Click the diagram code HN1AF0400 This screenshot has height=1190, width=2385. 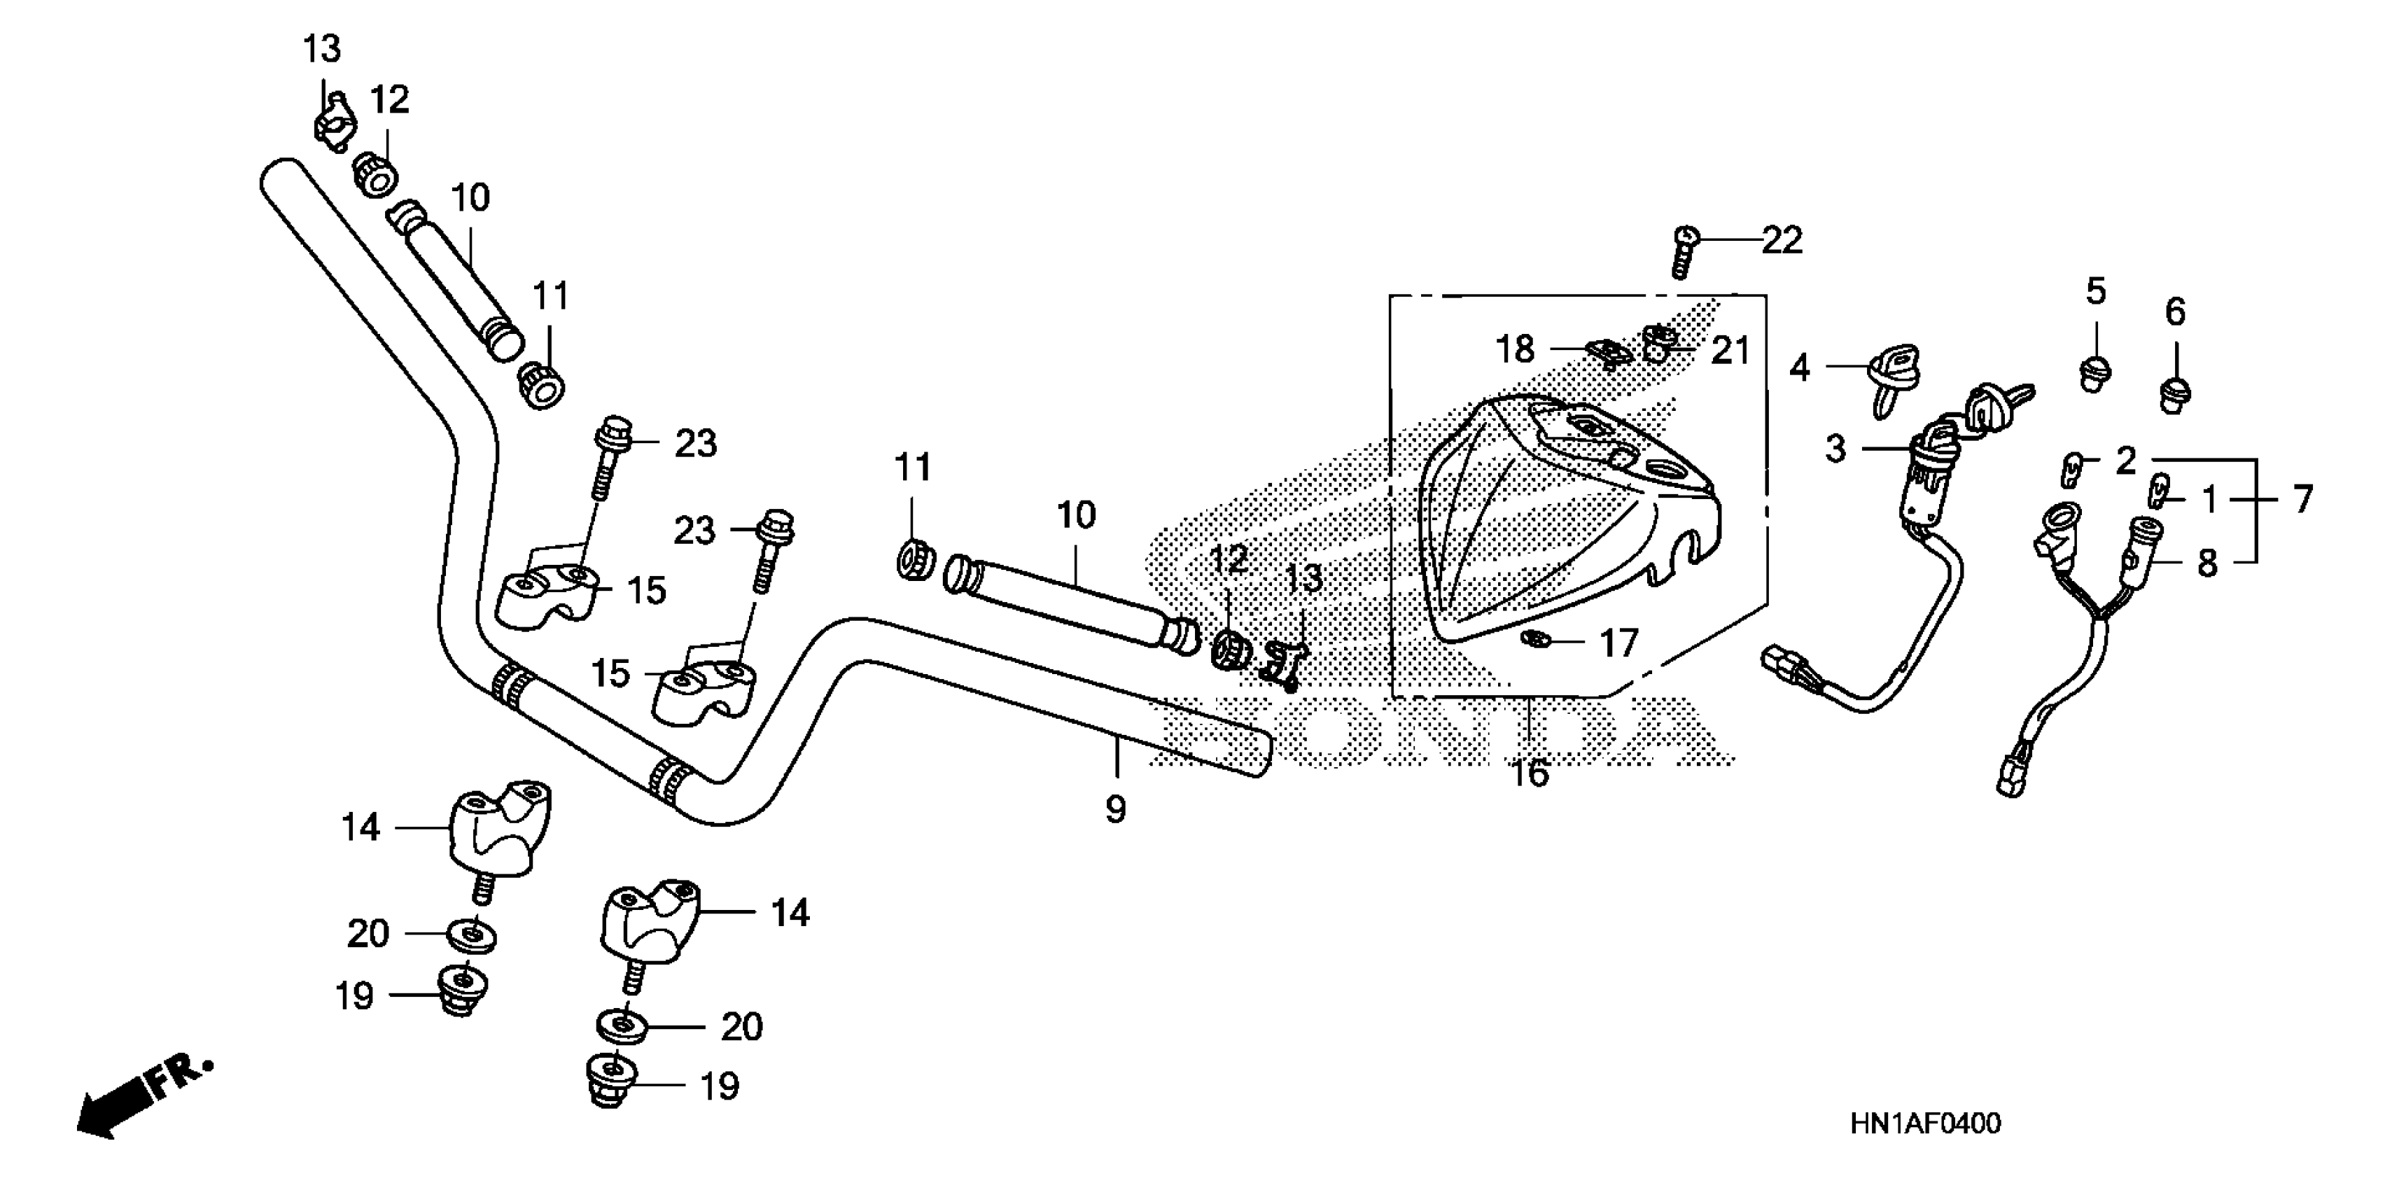[x=1925, y=1124]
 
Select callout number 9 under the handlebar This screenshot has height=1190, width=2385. [x=1116, y=809]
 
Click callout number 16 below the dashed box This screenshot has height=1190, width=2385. [x=1530, y=771]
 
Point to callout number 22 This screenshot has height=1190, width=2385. [x=1782, y=241]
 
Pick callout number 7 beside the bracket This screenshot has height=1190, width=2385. [x=2302, y=500]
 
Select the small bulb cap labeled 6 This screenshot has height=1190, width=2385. [x=2175, y=393]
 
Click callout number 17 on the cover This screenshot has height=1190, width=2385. [x=1618, y=643]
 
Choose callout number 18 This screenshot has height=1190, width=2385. [x=1516, y=349]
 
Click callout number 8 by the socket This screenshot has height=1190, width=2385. [x=2207, y=562]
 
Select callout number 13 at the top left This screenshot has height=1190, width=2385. [x=322, y=48]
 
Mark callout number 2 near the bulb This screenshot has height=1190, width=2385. [x=2126, y=459]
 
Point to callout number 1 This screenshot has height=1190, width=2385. [x=2209, y=500]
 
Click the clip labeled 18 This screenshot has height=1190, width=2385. [x=1608, y=352]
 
